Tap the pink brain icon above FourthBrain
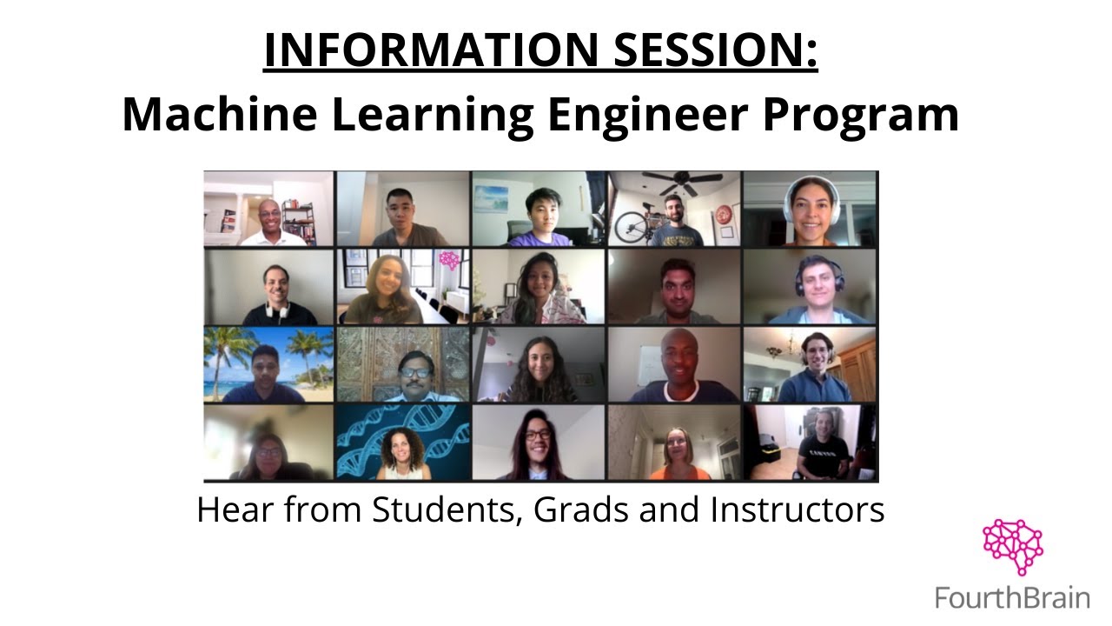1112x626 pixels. pos(1012,547)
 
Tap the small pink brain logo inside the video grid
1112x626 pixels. pos(449,260)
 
